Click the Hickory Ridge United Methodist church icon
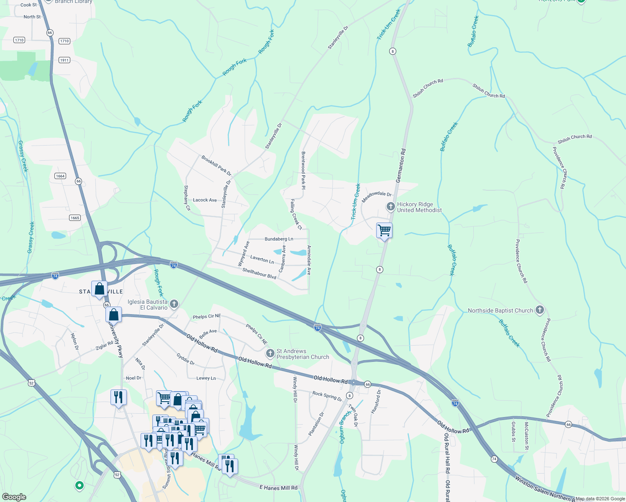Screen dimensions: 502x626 (390, 207)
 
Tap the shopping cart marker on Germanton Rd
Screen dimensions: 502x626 (384, 231)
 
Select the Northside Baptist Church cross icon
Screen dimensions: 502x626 (540, 310)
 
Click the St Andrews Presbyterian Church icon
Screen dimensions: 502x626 (270, 354)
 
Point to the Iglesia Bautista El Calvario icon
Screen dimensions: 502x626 (174, 304)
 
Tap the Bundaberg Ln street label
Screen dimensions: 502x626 (279, 239)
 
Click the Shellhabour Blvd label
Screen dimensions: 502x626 (259, 274)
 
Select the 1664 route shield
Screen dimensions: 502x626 (60, 176)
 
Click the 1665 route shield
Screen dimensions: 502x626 (75, 218)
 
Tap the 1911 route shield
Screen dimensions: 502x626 (64, 60)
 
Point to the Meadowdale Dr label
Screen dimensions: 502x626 (377, 197)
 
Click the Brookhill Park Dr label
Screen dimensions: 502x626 (216, 165)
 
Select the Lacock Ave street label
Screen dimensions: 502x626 (205, 200)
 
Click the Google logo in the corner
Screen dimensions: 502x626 (14, 497)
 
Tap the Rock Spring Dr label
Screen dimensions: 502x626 (327, 396)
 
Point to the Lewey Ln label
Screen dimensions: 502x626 (206, 378)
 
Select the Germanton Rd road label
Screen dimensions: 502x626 (401, 165)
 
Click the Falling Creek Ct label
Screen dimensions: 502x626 (296, 214)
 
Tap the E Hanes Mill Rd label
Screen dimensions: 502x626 (278, 488)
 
